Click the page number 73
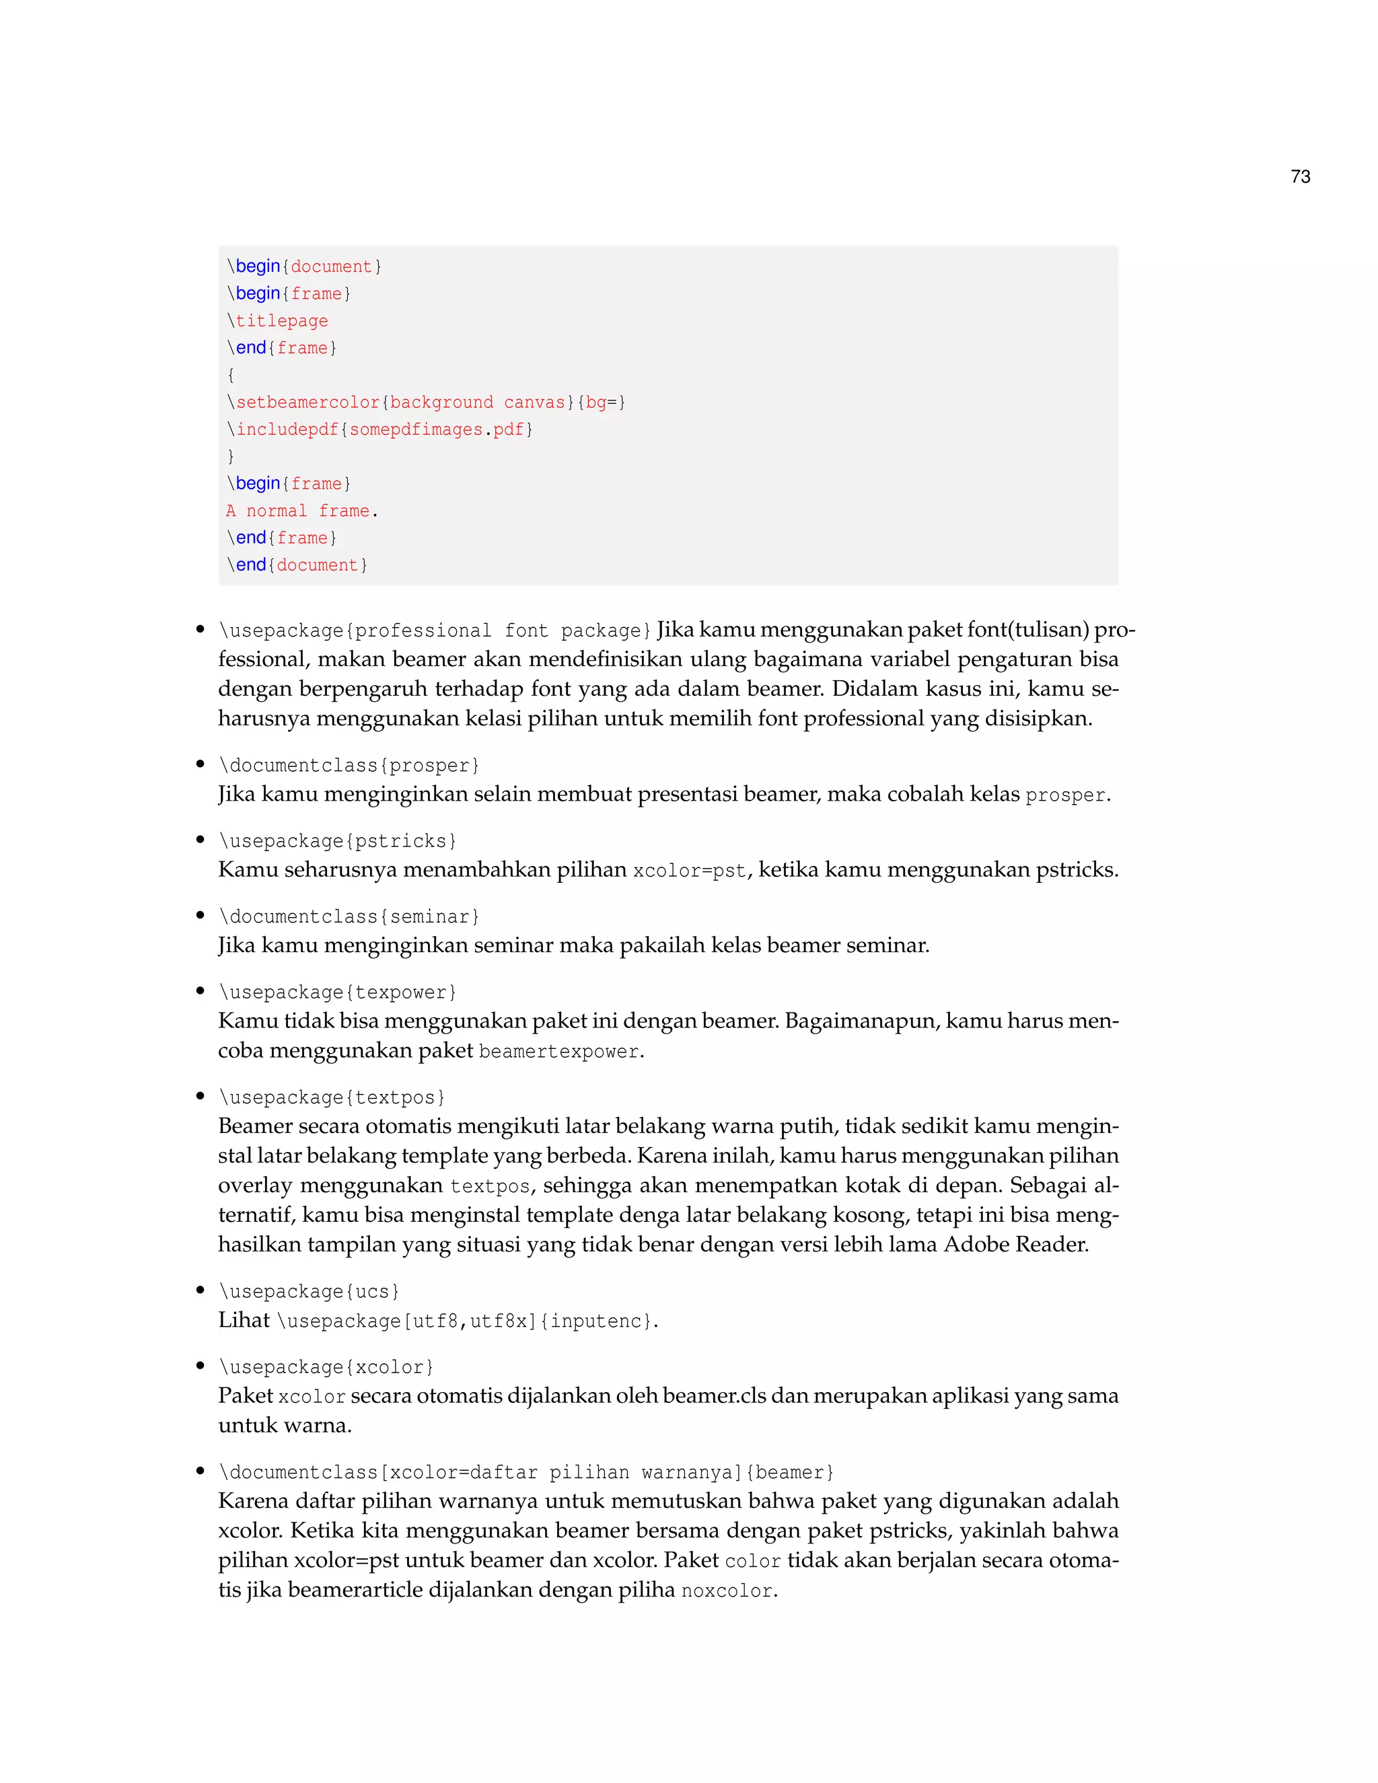coord(1300,176)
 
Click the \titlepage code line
coord(278,321)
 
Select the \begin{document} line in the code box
coord(303,266)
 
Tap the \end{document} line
coord(297,565)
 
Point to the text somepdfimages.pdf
coord(436,429)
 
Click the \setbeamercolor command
coord(303,402)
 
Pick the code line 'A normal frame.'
coord(302,511)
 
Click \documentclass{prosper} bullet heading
coord(349,765)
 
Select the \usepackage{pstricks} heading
coord(337,841)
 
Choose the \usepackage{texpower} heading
coord(337,992)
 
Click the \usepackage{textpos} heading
coord(332,1097)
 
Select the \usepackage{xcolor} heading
coord(326,1367)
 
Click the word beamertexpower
coord(558,1052)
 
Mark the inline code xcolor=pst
coord(689,871)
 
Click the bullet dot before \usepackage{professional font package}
coord(200,630)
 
